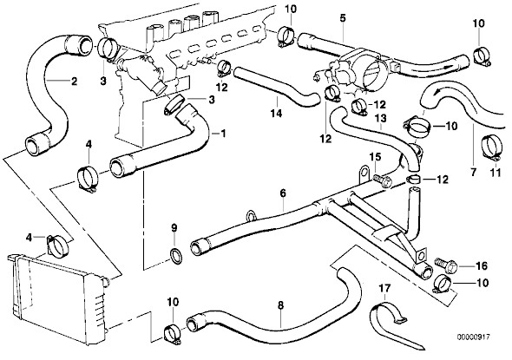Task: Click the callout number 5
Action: [342, 18]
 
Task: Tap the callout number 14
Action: [276, 114]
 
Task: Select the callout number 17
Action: [384, 289]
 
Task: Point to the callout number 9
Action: [174, 227]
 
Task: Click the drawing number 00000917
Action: [473, 337]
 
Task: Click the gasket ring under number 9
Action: [175, 255]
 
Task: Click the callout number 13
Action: [380, 118]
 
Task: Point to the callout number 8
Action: [280, 305]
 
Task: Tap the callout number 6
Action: [283, 193]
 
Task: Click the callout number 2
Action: [74, 81]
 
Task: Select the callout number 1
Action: [223, 134]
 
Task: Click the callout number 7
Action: [474, 172]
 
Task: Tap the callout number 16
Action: [482, 265]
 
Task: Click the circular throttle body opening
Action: [371, 71]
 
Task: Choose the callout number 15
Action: [375, 157]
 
